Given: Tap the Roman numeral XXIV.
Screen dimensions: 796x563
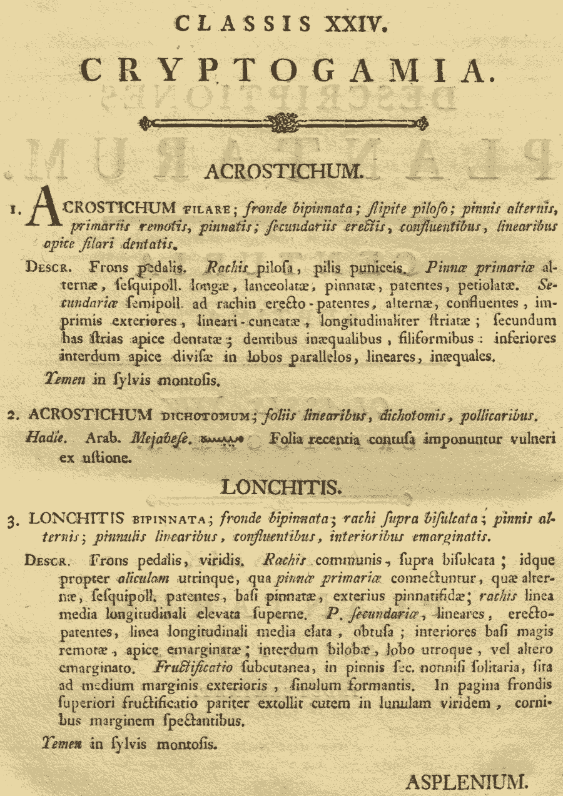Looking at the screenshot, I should click(x=353, y=24).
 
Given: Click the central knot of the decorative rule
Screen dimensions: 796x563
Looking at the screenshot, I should click(x=283, y=122).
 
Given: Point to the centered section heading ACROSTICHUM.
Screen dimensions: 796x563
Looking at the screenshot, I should click(x=283, y=171).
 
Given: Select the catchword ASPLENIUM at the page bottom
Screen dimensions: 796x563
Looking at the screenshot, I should click(x=468, y=780).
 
